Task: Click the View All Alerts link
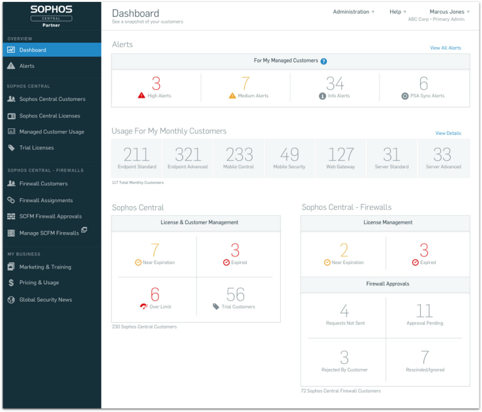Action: (x=446, y=48)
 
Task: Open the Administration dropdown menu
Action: (x=354, y=12)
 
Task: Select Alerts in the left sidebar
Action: (x=27, y=66)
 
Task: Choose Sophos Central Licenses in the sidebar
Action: (x=50, y=116)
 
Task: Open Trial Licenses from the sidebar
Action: (x=36, y=148)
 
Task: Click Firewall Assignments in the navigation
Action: (x=46, y=200)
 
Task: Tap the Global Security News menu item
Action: (x=46, y=300)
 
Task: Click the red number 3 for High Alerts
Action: (x=156, y=83)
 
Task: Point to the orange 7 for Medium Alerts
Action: (x=246, y=83)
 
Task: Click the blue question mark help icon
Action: (x=324, y=61)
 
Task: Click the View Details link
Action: (x=448, y=134)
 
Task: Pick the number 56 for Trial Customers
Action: (x=235, y=294)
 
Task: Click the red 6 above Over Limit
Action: (x=155, y=294)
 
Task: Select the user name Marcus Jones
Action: (x=447, y=12)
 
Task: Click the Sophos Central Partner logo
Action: (x=51, y=16)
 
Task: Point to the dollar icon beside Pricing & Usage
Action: (x=11, y=283)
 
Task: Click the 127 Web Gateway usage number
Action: (x=341, y=154)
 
